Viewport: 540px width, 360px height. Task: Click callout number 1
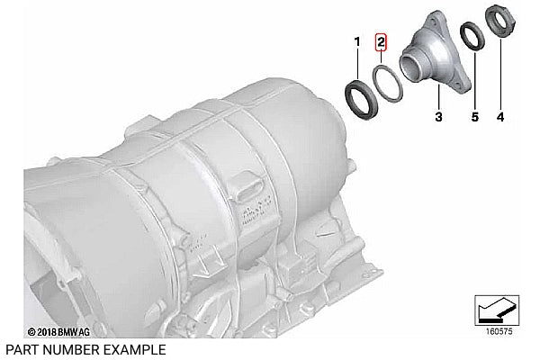pyautogui.click(x=357, y=42)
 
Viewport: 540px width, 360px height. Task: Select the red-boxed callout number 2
pyautogui.click(x=381, y=42)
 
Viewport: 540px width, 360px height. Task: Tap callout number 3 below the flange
pyautogui.click(x=438, y=117)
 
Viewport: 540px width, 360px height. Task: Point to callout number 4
pyautogui.click(x=500, y=117)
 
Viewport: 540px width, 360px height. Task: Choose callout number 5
pyautogui.click(x=475, y=117)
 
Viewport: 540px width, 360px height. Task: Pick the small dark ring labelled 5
pyautogui.click(x=464, y=38)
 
